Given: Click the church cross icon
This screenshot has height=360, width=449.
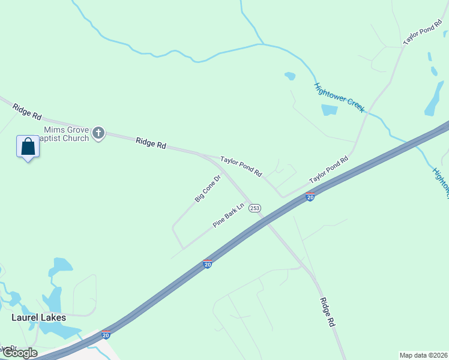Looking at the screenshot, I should tap(99, 133).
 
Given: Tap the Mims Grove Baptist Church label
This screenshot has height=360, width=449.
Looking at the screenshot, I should tap(66, 134).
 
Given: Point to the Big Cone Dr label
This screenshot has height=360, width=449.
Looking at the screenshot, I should tap(208, 188).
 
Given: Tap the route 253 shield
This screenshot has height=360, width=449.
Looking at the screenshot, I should tap(255, 207).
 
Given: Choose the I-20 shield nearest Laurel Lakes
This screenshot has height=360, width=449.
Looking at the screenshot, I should tap(106, 335).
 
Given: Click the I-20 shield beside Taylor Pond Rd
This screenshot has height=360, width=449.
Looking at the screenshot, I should tap(310, 196).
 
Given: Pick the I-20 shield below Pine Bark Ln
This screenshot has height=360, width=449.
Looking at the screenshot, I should tap(208, 263).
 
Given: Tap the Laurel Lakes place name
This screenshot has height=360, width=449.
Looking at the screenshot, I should tap(39, 317).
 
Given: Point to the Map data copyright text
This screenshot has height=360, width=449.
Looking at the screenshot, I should tap(424, 355).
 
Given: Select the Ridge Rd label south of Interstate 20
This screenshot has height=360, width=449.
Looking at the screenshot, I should tap(327, 312).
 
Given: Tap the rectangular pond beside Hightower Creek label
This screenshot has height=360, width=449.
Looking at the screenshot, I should tap(330, 110).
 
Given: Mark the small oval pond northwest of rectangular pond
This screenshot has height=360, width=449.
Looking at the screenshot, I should tap(290, 76).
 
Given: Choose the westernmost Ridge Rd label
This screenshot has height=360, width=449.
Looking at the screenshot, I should tap(28, 110).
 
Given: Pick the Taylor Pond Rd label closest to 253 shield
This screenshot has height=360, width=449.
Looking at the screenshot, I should tap(241, 166).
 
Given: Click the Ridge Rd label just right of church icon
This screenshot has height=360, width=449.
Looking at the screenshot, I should tap(151, 142).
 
